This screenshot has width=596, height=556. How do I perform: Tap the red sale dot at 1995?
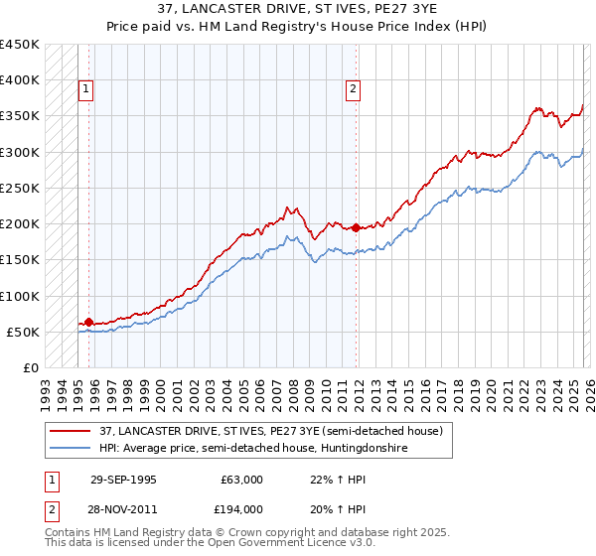pos(89,322)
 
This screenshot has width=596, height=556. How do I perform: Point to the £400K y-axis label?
pos(20,80)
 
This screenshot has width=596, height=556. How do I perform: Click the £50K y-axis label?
pos(24,333)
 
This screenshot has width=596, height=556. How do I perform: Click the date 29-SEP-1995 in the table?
pos(123,480)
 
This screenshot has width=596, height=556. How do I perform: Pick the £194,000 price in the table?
pos(241,508)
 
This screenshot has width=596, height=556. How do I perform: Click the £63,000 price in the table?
pos(241,480)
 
